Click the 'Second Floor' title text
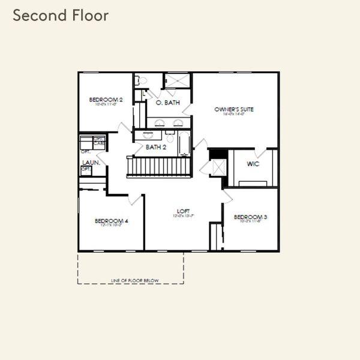[61, 16]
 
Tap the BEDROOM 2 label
[106, 100]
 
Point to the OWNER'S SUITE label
[235, 109]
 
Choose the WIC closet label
[253, 164]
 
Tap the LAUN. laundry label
[91, 162]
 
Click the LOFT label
[183, 211]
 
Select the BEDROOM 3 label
[250, 217]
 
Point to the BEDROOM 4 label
[112, 221]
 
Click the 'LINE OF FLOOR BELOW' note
[130, 280]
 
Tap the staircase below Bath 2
[160, 166]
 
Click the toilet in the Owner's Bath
[139, 80]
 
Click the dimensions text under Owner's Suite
[235, 115]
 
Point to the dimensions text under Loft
[183, 217]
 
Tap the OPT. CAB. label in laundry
[98, 142]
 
